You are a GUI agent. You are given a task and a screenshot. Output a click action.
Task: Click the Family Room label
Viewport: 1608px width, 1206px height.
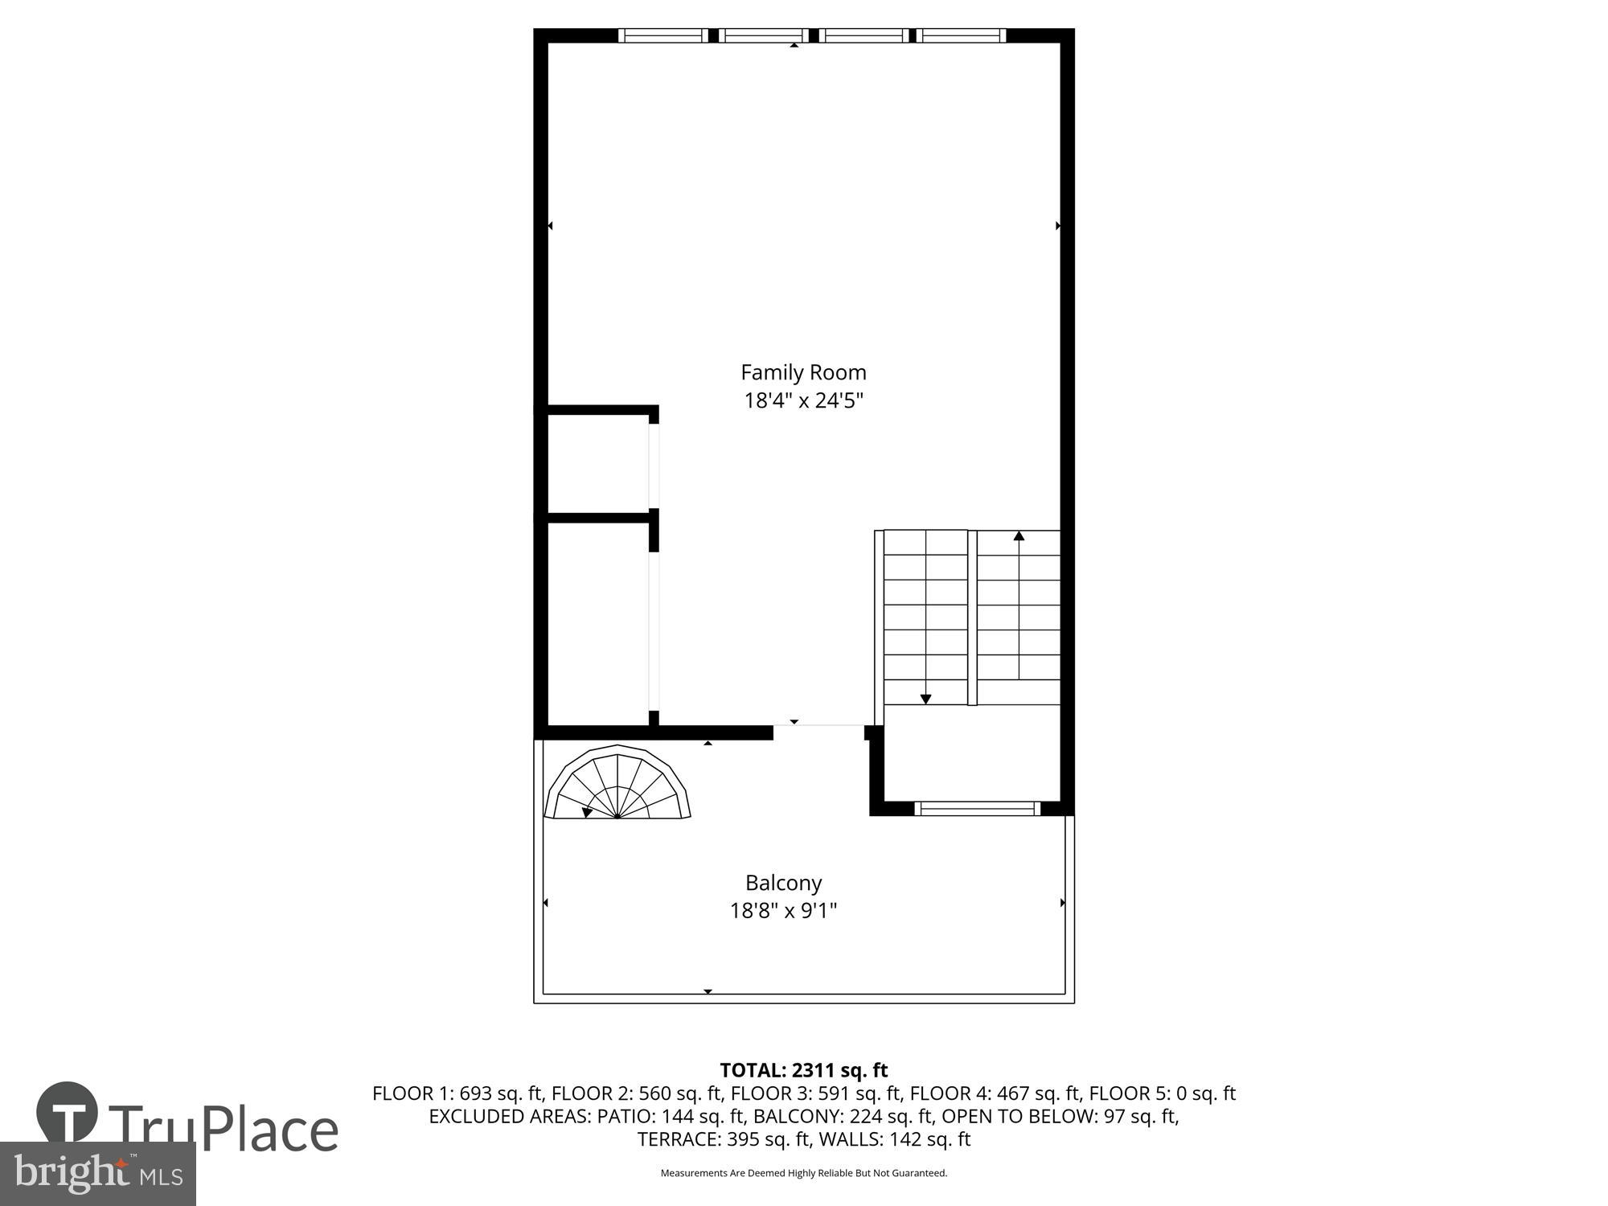click(x=802, y=372)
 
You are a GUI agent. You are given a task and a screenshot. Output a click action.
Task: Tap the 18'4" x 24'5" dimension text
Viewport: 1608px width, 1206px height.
click(x=802, y=400)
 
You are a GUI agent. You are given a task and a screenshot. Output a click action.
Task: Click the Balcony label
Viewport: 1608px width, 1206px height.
click(x=783, y=883)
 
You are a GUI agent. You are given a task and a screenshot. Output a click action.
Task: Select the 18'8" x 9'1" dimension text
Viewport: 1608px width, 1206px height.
click(x=783, y=911)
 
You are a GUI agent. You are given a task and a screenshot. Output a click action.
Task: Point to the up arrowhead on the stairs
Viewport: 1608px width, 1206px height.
click(x=1019, y=535)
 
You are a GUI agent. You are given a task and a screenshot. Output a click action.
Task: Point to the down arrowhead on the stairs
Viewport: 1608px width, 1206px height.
click(x=925, y=699)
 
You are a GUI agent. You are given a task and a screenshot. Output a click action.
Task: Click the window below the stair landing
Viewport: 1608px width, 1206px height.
click(x=977, y=808)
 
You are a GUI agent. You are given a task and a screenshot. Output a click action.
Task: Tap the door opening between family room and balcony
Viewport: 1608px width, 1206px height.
click(x=818, y=725)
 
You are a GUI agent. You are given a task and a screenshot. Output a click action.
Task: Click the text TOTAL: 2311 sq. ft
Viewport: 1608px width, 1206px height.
click(x=802, y=1070)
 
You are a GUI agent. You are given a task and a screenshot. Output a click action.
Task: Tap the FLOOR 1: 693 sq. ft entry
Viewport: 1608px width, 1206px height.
click(x=457, y=1093)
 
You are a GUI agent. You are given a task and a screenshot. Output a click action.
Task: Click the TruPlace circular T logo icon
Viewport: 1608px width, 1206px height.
click(x=68, y=1114)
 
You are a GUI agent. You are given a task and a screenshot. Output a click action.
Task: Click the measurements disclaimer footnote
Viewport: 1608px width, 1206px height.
click(x=802, y=1173)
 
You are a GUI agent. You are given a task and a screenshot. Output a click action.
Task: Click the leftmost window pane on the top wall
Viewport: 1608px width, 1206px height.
click(x=663, y=35)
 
